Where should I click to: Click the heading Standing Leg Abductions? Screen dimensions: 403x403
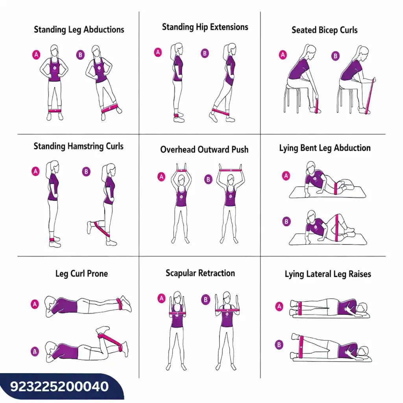(79, 30)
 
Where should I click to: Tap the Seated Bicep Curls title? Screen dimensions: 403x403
(324, 30)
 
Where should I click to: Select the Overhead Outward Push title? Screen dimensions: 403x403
(204, 149)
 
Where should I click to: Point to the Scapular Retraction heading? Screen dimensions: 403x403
(200, 273)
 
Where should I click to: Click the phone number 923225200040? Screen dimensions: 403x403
(59, 386)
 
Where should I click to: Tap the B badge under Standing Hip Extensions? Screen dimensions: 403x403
(205, 54)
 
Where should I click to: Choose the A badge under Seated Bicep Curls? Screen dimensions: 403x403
(283, 55)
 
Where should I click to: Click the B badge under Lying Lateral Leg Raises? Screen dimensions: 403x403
(279, 344)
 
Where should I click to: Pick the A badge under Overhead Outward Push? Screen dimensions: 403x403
(161, 177)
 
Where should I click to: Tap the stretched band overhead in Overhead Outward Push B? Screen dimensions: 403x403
(230, 170)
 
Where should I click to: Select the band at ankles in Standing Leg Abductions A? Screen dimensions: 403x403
(55, 111)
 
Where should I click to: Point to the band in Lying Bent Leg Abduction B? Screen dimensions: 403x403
(337, 228)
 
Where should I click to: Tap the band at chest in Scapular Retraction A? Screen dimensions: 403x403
(177, 313)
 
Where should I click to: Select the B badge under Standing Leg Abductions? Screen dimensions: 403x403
(80, 55)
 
